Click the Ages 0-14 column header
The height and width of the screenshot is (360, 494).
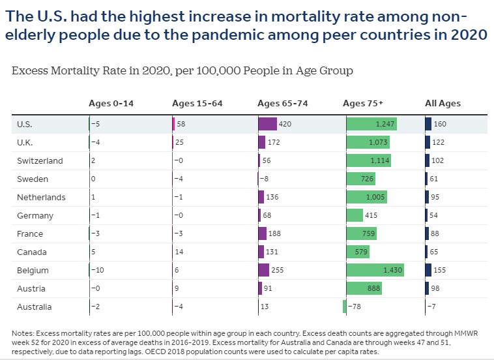(x=111, y=103)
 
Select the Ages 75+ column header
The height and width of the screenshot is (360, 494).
(x=363, y=103)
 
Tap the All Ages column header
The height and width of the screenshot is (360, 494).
(x=443, y=103)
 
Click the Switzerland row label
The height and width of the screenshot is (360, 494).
(x=40, y=160)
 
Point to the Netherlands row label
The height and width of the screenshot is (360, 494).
(x=42, y=197)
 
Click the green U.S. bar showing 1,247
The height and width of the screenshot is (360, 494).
(x=371, y=124)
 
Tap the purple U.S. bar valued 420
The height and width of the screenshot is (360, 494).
(x=267, y=124)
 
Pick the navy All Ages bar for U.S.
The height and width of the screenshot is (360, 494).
(x=428, y=124)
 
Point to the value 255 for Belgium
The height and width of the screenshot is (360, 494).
(x=280, y=270)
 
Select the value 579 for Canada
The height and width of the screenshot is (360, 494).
(x=360, y=252)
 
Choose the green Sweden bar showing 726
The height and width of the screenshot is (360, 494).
(x=368, y=179)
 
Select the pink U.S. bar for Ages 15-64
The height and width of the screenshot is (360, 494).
(x=173, y=124)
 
